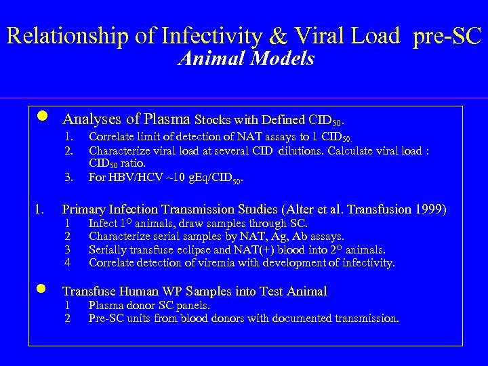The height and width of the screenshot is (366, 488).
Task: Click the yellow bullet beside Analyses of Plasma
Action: (x=41, y=117)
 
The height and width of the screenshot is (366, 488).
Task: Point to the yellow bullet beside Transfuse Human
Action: (x=41, y=289)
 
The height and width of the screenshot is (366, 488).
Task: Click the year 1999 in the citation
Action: (x=430, y=209)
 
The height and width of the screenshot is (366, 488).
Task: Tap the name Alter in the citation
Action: (x=302, y=209)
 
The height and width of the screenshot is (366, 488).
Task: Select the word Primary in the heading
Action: (x=85, y=209)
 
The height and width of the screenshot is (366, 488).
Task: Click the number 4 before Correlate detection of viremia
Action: (x=67, y=262)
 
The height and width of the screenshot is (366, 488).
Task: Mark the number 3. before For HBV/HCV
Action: (x=68, y=178)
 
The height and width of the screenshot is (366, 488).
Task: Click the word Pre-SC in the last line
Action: (x=106, y=318)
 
